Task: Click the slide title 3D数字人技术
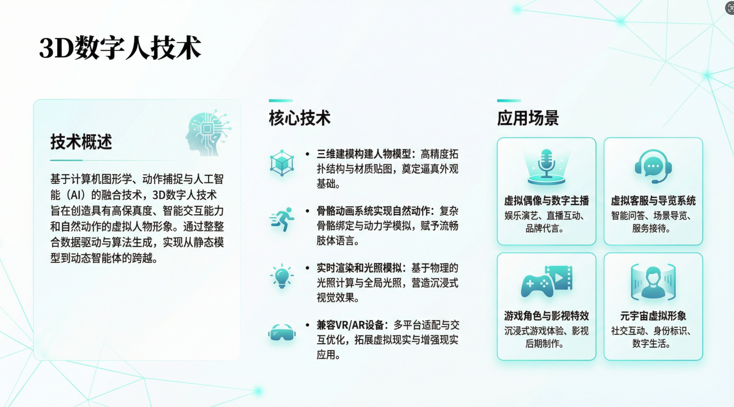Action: (x=120, y=48)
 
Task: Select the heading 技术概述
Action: (x=81, y=142)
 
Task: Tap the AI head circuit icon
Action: (x=208, y=132)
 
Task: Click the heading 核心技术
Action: (x=300, y=118)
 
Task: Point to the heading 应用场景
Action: (x=528, y=118)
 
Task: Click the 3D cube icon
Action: (x=282, y=162)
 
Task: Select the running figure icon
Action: (x=282, y=219)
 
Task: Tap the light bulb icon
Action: (x=282, y=276)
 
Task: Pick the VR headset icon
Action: (x=282, y=332)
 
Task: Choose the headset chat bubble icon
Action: (x=653, y=166)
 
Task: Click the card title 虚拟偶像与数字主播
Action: (x=546, y=201)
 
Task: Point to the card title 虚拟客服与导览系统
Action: (x=653, y=201)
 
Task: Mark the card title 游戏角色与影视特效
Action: (x=546, y=316)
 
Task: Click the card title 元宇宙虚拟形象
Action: (x=653, y=316)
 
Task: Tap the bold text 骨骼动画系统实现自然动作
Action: (x=373, y=211)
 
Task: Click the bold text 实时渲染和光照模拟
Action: (x=359, y=268)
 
